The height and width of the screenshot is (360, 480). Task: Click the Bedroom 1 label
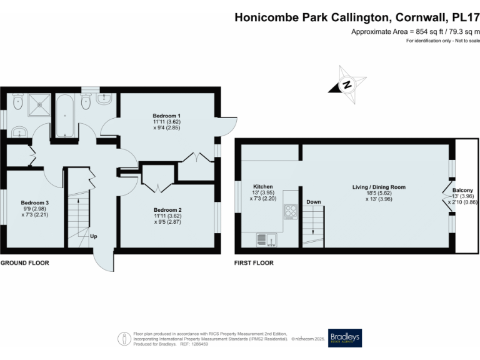167,116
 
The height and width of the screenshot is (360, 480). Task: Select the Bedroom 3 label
34,202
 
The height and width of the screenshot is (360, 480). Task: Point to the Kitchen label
263,186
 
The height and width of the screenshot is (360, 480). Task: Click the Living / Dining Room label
379,186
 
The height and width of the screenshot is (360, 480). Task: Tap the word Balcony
463,190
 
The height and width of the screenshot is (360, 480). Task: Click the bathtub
64,116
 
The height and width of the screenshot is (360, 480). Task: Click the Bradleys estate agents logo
344,338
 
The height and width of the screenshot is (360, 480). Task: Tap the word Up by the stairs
93,236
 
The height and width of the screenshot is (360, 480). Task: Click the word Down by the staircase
314,202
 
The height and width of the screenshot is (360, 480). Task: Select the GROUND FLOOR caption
24,263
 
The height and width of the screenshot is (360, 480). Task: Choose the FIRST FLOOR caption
254,263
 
